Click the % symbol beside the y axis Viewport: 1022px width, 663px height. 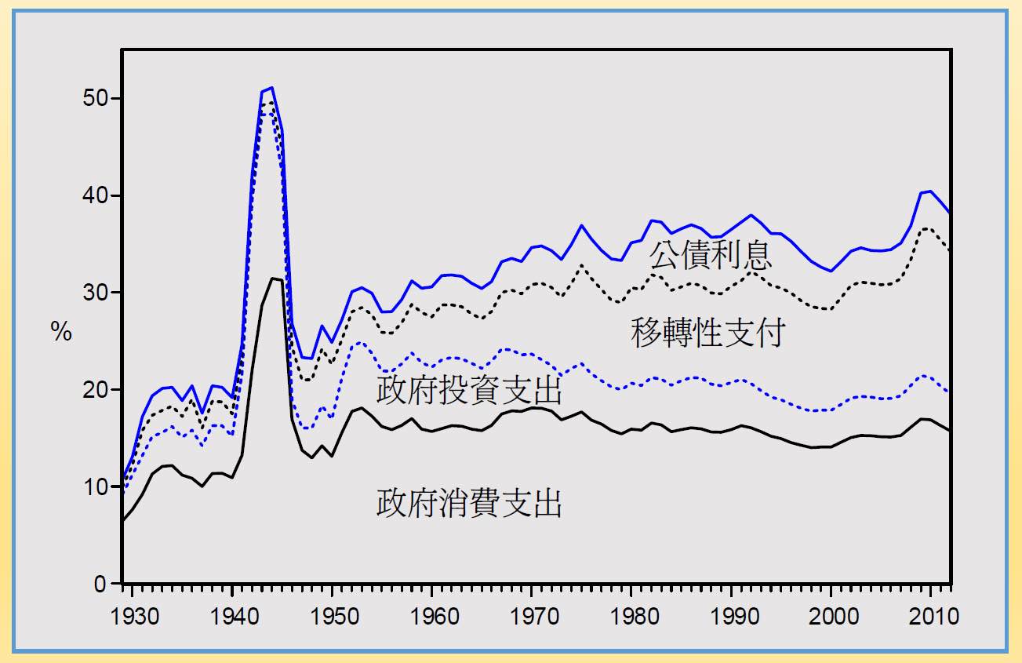[x=62, y=333]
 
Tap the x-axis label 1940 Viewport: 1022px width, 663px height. [x=233, y=615]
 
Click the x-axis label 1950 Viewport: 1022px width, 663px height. [x=333, y=615]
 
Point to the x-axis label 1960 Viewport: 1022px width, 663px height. [x=432, y=615]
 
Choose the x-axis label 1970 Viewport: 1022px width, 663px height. [x=533, y=615]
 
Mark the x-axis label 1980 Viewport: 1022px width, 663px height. [x=632, y=615]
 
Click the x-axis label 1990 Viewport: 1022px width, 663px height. [x=732, y=615]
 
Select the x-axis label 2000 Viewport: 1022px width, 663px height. [x=831, y=615]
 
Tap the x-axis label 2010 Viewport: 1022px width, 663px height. [x=931, y=615]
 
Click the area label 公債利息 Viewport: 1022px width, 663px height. [x=711, y=256]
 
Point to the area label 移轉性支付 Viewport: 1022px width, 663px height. [x=707, y=333]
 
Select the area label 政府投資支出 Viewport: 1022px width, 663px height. [x=470, y=390]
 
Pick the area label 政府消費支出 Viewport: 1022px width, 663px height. [x=470, y=503]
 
